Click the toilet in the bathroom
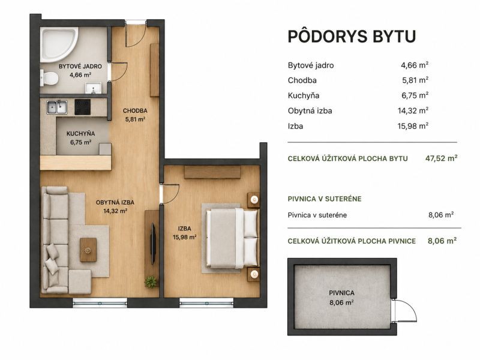[x=49, y=78]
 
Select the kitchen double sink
[x=57, y=107]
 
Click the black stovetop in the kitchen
[x=83, y=107]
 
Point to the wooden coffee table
[x=88, y=250]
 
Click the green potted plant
[x=151, y=281]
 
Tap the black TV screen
[x=153, y=244]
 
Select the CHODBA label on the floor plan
[x=135, y=110]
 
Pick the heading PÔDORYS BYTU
[x=352, y=36]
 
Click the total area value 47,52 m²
[x=442, y=158]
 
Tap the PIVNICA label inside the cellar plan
[x=341, y=293]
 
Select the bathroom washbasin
[x=93, y=88]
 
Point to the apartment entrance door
[x=136, y=34]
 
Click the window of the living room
[x=100, y=303]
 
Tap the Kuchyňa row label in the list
[x=304, y=95]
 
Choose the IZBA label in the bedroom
[x=185, y=229]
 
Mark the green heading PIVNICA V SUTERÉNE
[x=325, y=199]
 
